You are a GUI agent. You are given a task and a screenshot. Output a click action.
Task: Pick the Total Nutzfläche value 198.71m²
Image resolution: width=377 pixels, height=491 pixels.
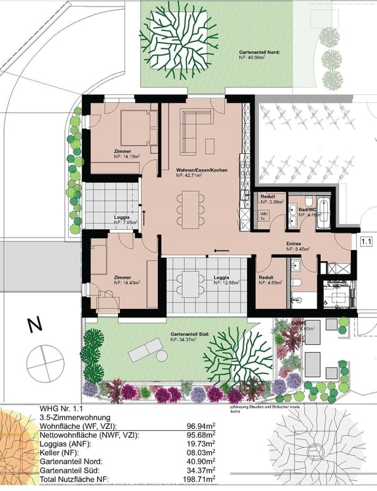coord(203,479)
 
